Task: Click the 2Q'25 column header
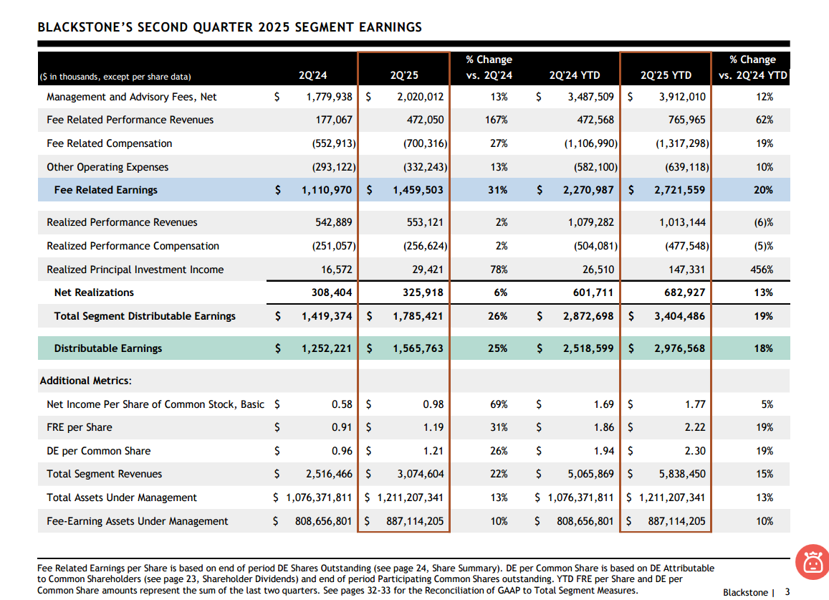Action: pos(403,75)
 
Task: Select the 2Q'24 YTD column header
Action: pos(575,75)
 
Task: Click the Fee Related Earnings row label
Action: pos(105,190)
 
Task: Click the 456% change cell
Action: pos(762,270)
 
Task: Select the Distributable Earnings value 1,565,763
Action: pos(418,348)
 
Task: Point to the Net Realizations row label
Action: pos(94,292)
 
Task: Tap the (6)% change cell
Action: pos(764,222)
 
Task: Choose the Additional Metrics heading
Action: pos(85,381)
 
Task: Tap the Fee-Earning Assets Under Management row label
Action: pos(137,521)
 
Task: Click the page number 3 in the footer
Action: pos(787,592)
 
